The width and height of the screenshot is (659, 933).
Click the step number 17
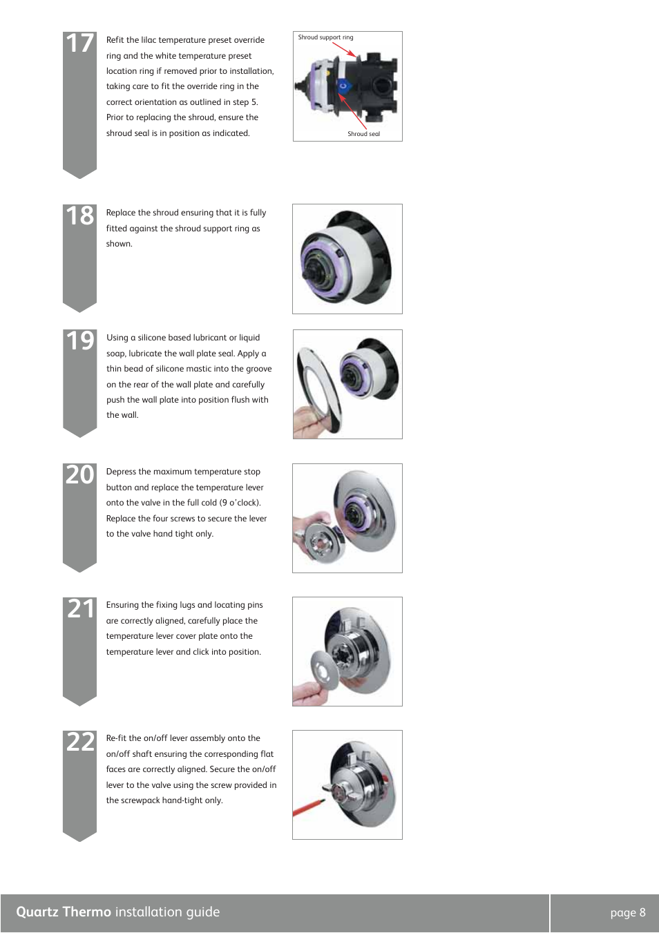80,44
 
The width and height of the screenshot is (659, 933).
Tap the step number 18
80,216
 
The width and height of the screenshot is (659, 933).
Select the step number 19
80,341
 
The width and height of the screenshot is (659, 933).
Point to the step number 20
80,475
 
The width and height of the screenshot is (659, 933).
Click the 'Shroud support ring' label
325,37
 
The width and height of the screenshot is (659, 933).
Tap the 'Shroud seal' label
363,134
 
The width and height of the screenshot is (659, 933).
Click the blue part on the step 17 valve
344,86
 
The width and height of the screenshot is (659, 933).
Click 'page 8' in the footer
627,912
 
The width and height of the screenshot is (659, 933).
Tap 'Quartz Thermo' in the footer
64,912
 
